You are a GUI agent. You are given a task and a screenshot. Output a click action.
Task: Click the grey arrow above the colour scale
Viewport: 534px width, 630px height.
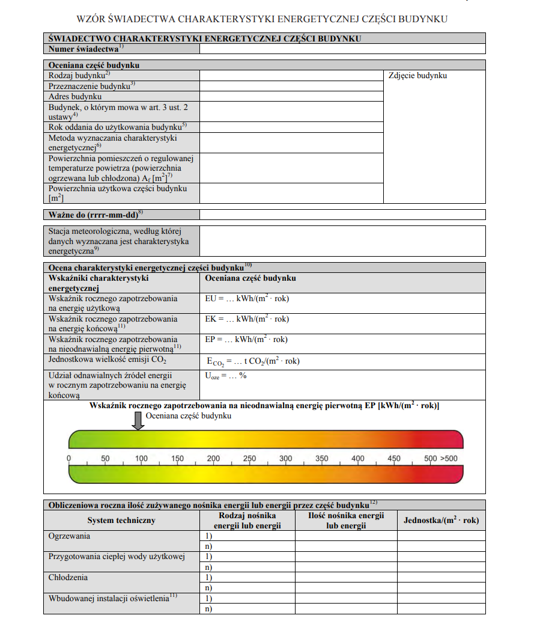(x=139, y=420)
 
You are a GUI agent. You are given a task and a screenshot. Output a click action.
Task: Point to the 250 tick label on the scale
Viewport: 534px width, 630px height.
(x=249, y=459)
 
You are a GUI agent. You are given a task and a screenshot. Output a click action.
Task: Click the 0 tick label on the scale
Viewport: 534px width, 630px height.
(x=69, y=459)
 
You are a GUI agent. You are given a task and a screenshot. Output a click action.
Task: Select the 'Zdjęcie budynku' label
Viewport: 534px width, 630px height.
(x=417, y=76)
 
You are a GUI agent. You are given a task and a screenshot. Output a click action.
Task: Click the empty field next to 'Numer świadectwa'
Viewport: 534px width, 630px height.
(x=342, y=49)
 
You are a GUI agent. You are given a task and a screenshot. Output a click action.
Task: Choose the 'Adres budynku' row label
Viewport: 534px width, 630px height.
(x=75, y=96)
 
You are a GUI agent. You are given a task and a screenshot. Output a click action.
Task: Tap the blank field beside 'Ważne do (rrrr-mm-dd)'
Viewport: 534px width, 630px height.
(x=342, y=215)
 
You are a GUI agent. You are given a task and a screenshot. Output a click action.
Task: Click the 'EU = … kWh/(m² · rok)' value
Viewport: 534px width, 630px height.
(x=247, y=298)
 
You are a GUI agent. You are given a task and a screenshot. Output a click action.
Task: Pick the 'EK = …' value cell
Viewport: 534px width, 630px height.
(x=247, y=319)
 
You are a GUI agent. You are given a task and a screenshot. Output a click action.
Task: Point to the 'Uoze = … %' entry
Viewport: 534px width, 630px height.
(x=226, y=376)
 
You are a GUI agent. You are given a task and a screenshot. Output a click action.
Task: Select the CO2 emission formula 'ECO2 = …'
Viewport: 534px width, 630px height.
(x=253, y=361)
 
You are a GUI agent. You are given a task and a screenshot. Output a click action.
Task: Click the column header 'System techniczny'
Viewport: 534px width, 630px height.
(x=121, y=521)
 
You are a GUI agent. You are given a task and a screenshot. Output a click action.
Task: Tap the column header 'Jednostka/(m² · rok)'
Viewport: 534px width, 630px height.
(x=441, y=521)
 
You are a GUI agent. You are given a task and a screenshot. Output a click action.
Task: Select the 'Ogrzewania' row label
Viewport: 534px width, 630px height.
(x=70, y=536)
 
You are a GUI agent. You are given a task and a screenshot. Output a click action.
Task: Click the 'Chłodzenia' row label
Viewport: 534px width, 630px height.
(x=68, y=578)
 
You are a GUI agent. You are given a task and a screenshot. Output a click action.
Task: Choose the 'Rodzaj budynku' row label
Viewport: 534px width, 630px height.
(x=79, y=75)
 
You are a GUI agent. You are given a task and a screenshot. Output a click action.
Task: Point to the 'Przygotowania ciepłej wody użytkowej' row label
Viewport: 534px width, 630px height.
(x=117, y=557)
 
